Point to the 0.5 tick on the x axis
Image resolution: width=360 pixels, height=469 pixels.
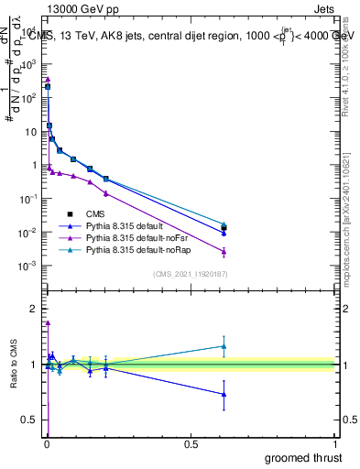(x=191, y=444)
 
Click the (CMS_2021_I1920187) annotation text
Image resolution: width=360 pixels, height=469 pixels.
(x=190, y=274)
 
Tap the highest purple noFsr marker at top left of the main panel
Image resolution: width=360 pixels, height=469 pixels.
(x=48, y=80)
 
